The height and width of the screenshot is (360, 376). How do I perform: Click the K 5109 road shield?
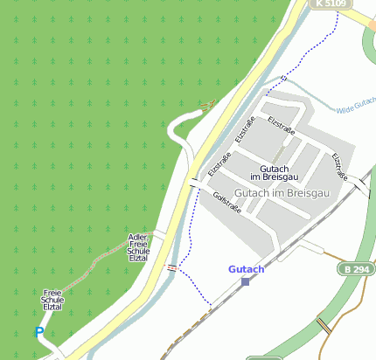[x=332, y=4]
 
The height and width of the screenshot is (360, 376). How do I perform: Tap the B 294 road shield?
[x=356, y=269]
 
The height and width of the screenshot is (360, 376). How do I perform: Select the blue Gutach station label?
[x=246, y=269]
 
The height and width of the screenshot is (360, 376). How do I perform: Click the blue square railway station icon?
[x=245, y=280]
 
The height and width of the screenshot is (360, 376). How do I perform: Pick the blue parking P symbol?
[x=38, y=332]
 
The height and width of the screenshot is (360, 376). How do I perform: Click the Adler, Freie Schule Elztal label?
[x=138, y=247]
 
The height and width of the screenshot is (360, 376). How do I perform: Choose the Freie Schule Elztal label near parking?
[x=52, y=301]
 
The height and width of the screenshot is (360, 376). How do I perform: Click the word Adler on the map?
[x=137, y=237]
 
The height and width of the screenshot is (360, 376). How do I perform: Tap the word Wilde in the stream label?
[x=344, y=107]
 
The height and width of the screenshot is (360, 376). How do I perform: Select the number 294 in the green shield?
[x=359, y=269]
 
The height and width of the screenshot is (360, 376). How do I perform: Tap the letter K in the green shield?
[x=321, y=4]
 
